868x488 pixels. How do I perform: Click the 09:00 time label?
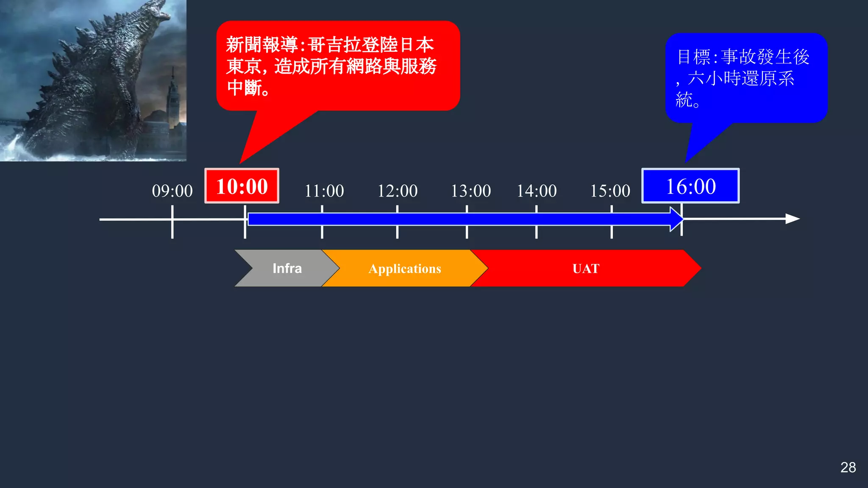tap(172, 191)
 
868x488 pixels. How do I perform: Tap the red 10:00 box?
tap(242, 186)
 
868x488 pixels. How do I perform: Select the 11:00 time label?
tap(324, 191)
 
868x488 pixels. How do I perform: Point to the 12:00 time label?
tap(398, 191)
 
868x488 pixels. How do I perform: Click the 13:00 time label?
tap(470, 191)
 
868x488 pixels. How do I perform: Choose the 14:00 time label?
tap(537, 191)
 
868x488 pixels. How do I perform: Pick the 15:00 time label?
tap(610, 191)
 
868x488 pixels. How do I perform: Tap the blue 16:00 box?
tap(690, 186)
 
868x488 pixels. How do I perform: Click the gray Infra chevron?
tap(287, 268)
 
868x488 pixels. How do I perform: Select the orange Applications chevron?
tap(405, 269)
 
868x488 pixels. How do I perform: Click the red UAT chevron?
tap(586, 269)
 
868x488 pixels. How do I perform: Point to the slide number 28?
tap(848, 467)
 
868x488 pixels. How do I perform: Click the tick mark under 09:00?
tap(172, 229)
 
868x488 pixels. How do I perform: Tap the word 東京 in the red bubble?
tap(244, 67)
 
